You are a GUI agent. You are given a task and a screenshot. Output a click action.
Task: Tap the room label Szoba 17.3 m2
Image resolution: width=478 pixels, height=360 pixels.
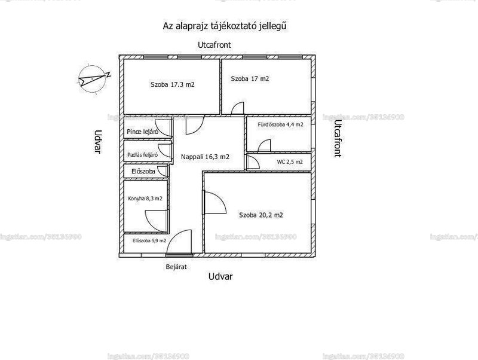(172, 84)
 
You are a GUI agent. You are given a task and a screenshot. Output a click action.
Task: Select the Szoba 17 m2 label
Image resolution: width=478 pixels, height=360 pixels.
(250, 79)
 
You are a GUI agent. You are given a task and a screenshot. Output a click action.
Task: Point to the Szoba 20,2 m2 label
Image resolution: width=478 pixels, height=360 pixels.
(261, 215)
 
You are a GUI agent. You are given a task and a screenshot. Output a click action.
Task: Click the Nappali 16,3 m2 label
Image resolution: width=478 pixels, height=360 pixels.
(205, 157)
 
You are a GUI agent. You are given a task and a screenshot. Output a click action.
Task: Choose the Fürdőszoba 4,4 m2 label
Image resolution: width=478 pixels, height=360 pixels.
(280, 124)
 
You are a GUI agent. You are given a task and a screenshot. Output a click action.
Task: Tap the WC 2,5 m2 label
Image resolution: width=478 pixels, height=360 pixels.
(290, 162)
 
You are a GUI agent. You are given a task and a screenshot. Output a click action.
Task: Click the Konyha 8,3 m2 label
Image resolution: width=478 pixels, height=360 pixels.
(145, 199)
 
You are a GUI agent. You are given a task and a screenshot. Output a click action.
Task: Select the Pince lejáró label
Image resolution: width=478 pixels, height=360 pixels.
(142, 132)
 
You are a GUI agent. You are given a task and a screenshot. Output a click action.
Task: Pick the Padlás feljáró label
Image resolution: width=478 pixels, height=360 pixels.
(142, 155)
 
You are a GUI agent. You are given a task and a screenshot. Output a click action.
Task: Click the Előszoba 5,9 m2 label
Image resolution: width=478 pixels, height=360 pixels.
(149, 241)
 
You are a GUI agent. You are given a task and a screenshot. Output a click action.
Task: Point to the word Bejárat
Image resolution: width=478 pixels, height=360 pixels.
(176, 267)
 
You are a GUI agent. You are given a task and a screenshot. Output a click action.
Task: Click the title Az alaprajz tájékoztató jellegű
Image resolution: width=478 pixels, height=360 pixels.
(225, 26)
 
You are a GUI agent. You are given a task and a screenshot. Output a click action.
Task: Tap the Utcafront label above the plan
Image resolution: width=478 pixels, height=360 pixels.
(215, 45)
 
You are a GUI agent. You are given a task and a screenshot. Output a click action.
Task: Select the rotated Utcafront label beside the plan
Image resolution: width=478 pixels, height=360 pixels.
(337, 138)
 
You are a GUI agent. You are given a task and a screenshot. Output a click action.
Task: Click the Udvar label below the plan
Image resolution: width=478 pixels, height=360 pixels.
(220, 276)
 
